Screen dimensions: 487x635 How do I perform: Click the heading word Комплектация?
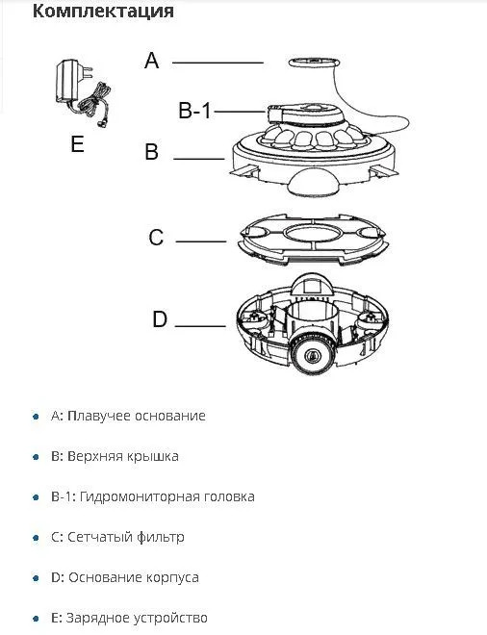click(103, 11)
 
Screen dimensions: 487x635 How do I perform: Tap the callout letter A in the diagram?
click(152, 61)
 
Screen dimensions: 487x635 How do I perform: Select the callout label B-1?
click(194, 111)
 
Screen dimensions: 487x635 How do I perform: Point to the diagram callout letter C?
click(156, 238)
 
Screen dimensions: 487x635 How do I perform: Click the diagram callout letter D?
click(160, 319)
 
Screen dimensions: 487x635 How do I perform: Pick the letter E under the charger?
click(77, 143)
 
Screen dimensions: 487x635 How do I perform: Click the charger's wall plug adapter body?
click(69, 81)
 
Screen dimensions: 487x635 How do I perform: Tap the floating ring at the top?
click(313, 62)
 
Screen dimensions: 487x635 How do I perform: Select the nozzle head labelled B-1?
click(306, 114)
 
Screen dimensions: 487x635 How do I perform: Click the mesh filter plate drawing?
click(313, 239)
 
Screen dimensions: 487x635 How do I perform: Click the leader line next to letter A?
click(218, 63)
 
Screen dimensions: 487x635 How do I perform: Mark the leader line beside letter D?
click(200, 325)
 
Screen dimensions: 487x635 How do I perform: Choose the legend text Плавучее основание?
click(137, 416)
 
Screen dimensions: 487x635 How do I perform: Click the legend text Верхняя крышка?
click(123, 456)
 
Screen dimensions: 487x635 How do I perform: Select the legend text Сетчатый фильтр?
click(125, 538)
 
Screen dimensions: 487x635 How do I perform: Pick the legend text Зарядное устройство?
click(137, 619)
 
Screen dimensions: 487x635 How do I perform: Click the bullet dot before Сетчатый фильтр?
click(36, 538)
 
